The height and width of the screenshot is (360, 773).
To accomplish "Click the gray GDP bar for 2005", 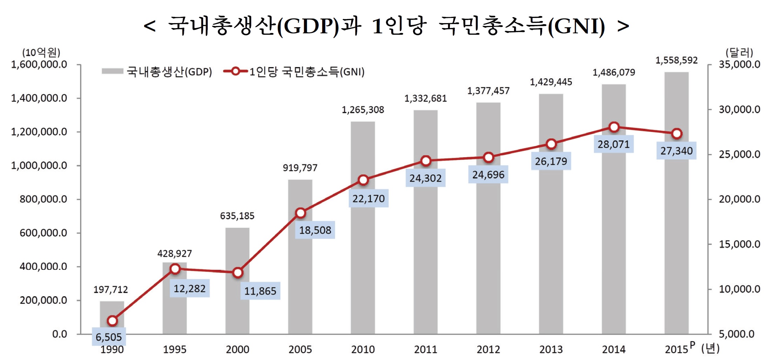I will (300, 274).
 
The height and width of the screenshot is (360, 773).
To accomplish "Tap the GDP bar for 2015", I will (677, 228).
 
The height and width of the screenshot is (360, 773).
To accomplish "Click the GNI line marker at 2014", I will (614, 127).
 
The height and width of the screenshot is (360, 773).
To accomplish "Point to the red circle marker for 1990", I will (112, 321).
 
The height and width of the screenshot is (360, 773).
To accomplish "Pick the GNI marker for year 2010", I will (363, 180).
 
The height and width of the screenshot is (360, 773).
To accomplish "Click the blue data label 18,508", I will (315, 230).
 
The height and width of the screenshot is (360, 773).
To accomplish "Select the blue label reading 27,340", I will (676, 151).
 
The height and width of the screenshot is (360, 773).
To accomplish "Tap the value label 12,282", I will (189, 288).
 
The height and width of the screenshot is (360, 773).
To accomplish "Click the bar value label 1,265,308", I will (363, 110).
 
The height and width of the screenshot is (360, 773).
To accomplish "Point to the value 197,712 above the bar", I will (111, 289).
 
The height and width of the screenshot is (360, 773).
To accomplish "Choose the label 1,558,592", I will (677, 60).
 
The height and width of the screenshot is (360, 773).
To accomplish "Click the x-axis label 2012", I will (488, 349).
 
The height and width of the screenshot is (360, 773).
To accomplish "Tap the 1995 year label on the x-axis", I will (175, 349).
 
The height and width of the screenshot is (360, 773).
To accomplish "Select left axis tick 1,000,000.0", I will (39, 166).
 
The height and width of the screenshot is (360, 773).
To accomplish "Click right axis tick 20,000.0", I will (739, 199).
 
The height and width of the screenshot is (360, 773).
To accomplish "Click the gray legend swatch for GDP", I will (112, 71).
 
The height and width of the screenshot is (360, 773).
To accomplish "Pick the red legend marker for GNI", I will (235, 71).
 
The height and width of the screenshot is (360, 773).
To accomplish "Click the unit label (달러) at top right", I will (739, 53).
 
